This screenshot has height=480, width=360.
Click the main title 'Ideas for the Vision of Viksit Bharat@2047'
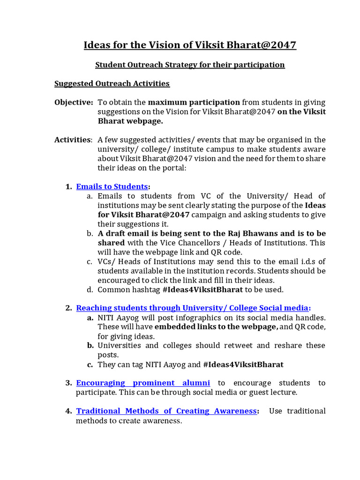[x=190, y=45]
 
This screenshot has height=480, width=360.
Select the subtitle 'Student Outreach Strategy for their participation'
[x=190, y=65]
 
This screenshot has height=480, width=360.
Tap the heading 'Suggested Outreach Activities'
[x=112, y=83]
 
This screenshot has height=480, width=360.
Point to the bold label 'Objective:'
[x=73, y=102]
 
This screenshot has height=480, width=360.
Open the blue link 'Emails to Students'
[x=112, y=187]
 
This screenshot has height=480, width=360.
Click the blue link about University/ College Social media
[x=192, y=308]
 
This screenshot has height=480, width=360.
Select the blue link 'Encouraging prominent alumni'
[x=143, y=383]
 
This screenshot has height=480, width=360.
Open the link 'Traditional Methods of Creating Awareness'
[x=166, y=411]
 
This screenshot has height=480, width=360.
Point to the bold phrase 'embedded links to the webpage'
[x=217, y=327]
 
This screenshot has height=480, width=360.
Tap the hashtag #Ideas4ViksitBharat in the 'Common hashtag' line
[x=202, y=290]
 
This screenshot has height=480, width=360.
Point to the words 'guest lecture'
[x=274, y=392]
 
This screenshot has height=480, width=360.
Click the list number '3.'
[x=68, y=383]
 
